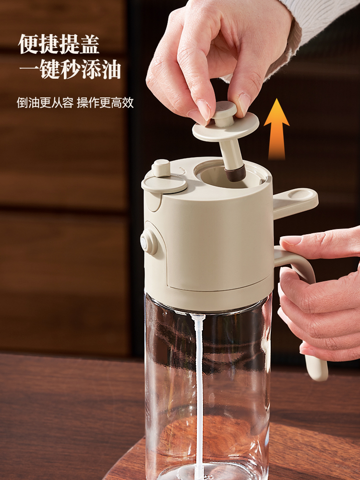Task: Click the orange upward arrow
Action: (x=276, y=129)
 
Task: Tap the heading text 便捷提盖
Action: (x=59, y=44)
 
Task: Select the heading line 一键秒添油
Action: (x=70, y=70)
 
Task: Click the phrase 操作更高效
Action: (x=105, y=102)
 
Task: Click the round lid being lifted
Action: (x=226, y=127)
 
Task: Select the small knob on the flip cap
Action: (x=161, y=168)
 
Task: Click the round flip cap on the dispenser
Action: (x=164, y=183)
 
